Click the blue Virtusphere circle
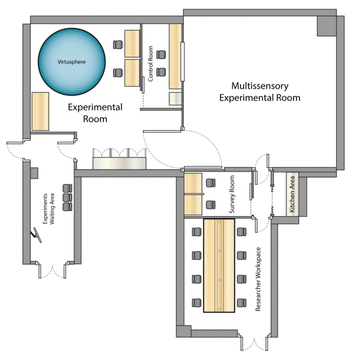72,62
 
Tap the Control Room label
150,64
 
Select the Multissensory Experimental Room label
260,92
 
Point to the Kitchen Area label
292,194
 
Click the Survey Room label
232,194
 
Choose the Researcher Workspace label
258,279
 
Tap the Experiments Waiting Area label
48,209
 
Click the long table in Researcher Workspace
219,266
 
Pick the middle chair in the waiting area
67,197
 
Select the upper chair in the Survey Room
211,183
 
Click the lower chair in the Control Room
161,72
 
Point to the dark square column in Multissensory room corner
327,26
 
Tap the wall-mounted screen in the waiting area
36,235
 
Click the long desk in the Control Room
175,56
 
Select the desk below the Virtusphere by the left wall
40,111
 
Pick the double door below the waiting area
52,271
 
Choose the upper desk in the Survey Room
193,183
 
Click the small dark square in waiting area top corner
34,173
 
